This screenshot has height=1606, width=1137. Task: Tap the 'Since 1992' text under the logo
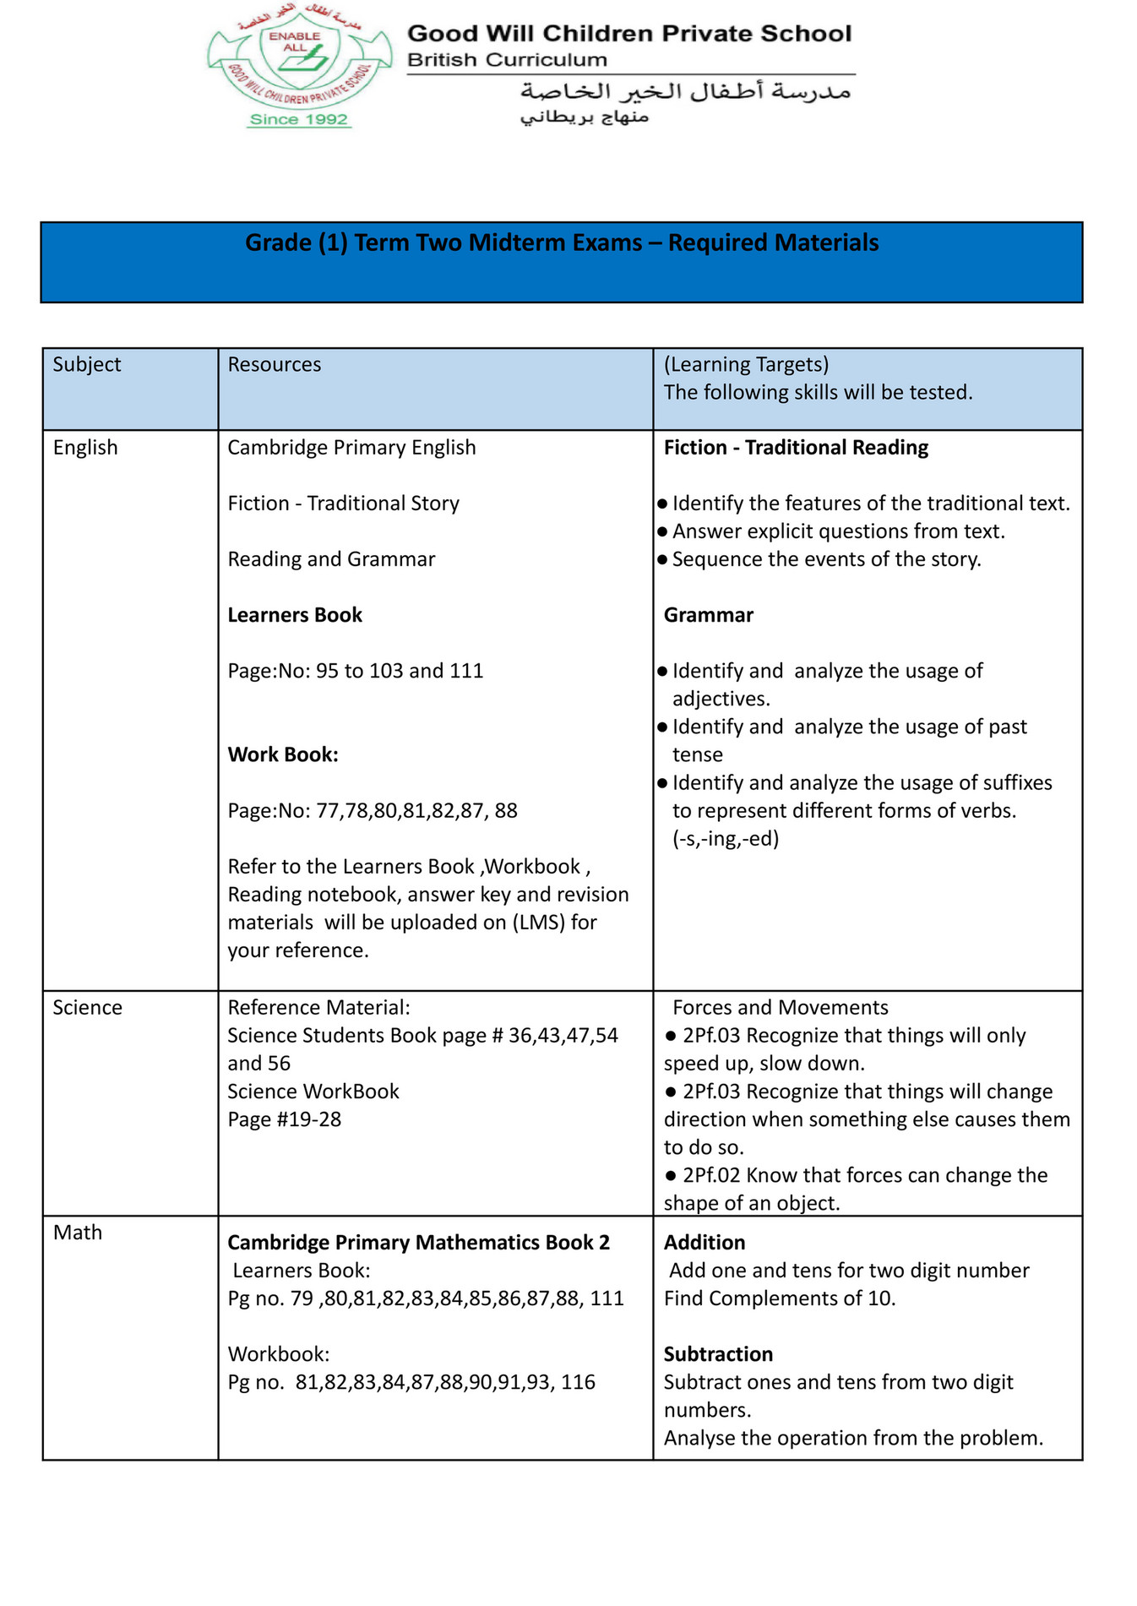click(x=299, y=119)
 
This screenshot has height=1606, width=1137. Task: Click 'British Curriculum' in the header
click(x=507, y=60)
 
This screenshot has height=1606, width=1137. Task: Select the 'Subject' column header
click(x=87, y=364)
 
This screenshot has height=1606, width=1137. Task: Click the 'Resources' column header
click(x=275, y=364)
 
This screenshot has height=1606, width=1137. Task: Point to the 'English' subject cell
click(x=85, y=447)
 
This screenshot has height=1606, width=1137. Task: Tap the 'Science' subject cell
click(x=87, y=1007)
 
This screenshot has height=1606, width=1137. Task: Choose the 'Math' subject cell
click(x=78, y=1232)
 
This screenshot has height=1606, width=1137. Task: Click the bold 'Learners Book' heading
click(x=295, y=614)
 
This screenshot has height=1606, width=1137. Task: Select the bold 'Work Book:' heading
click(x=283, y=754)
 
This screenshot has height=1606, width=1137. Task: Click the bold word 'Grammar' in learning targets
click(x=708, y=614)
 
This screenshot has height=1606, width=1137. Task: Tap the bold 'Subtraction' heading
click(x=718, y=1353)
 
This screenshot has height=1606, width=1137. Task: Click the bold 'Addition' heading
click(x=705, y=1242)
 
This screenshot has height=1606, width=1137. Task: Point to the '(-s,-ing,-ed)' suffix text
click(x=726, y=838)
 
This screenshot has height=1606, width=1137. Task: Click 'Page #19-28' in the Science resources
click(x=285, y=1119)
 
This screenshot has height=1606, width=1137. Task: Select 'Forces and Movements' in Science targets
click(x=780, y=1007)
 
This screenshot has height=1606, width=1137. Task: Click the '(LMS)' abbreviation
click(x=538, y=922)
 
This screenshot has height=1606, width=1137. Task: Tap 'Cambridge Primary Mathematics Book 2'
click(x=418, y=1242)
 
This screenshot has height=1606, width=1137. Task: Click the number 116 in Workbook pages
click(x=579, y=1381)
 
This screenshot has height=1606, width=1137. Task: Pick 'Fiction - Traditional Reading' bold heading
click(x=796, y=447)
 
